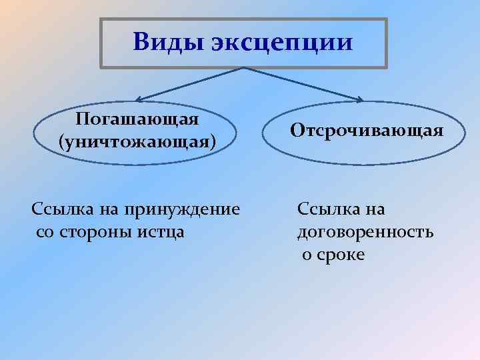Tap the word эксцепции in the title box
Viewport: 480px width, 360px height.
click(x=281, y=43)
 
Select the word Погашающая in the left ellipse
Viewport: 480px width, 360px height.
click(x=137, y=119)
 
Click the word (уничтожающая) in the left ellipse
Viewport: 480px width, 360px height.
click(x=137, y=142)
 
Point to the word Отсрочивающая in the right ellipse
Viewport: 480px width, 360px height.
click(x=367, y=130)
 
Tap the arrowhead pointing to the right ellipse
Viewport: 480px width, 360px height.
click(x=360, y=101)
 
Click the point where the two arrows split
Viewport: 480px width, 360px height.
click(x=244, y=68)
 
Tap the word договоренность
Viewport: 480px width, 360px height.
click(x=365, y=232)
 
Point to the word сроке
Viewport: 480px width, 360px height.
click(x=343, y=255)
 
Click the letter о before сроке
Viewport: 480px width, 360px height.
click(x=306, y=255)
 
